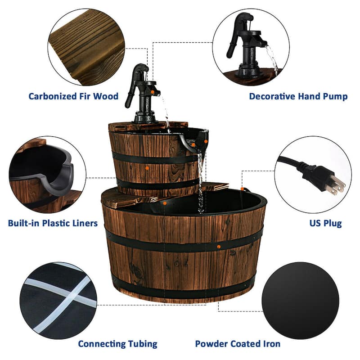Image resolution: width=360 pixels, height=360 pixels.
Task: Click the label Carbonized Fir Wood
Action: point(73,96)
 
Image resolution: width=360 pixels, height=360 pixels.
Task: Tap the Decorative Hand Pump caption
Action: point(298,96)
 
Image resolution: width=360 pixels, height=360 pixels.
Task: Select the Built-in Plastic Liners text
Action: point(53,223)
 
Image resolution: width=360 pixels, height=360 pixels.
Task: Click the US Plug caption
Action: point(325,223)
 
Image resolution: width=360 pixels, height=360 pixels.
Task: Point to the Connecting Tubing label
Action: point(117,344)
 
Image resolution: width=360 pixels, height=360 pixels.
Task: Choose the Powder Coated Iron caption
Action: point(237,344)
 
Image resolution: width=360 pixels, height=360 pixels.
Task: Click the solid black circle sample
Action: point(300,300)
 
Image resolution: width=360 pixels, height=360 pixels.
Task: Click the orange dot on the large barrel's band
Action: point(219,246)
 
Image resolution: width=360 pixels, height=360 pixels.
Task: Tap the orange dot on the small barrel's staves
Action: point(147,167)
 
